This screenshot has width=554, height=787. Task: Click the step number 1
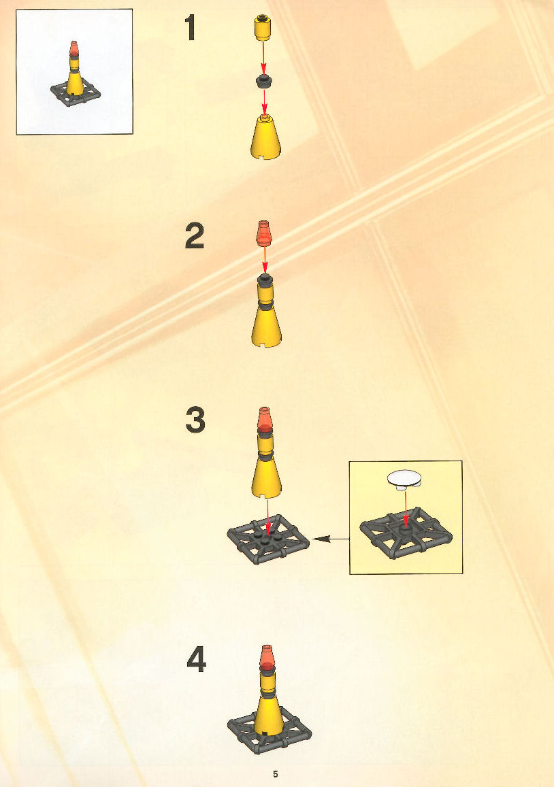click(190, 28)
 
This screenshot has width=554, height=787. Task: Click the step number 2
click(195, 237)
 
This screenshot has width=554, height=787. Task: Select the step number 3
click(195, 420)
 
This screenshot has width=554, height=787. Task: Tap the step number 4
click(197, 660)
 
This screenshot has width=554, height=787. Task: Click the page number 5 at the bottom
click(275, 773)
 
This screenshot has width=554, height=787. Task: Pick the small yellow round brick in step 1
click(262, 28)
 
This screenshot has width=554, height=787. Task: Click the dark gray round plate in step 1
click(263, 81)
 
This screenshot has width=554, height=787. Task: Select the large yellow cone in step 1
click(265, 137)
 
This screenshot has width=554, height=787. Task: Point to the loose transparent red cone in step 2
click(265, 233)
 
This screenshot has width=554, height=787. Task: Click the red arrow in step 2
click(265, 260)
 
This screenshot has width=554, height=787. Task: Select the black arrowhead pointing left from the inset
click(321, 539)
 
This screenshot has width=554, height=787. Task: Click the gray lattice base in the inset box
click(406, 533)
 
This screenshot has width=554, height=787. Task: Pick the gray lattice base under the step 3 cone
click(268, 539)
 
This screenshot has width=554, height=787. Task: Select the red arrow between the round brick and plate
click(264, 58)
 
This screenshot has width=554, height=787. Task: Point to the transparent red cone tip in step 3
click(265, 420)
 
